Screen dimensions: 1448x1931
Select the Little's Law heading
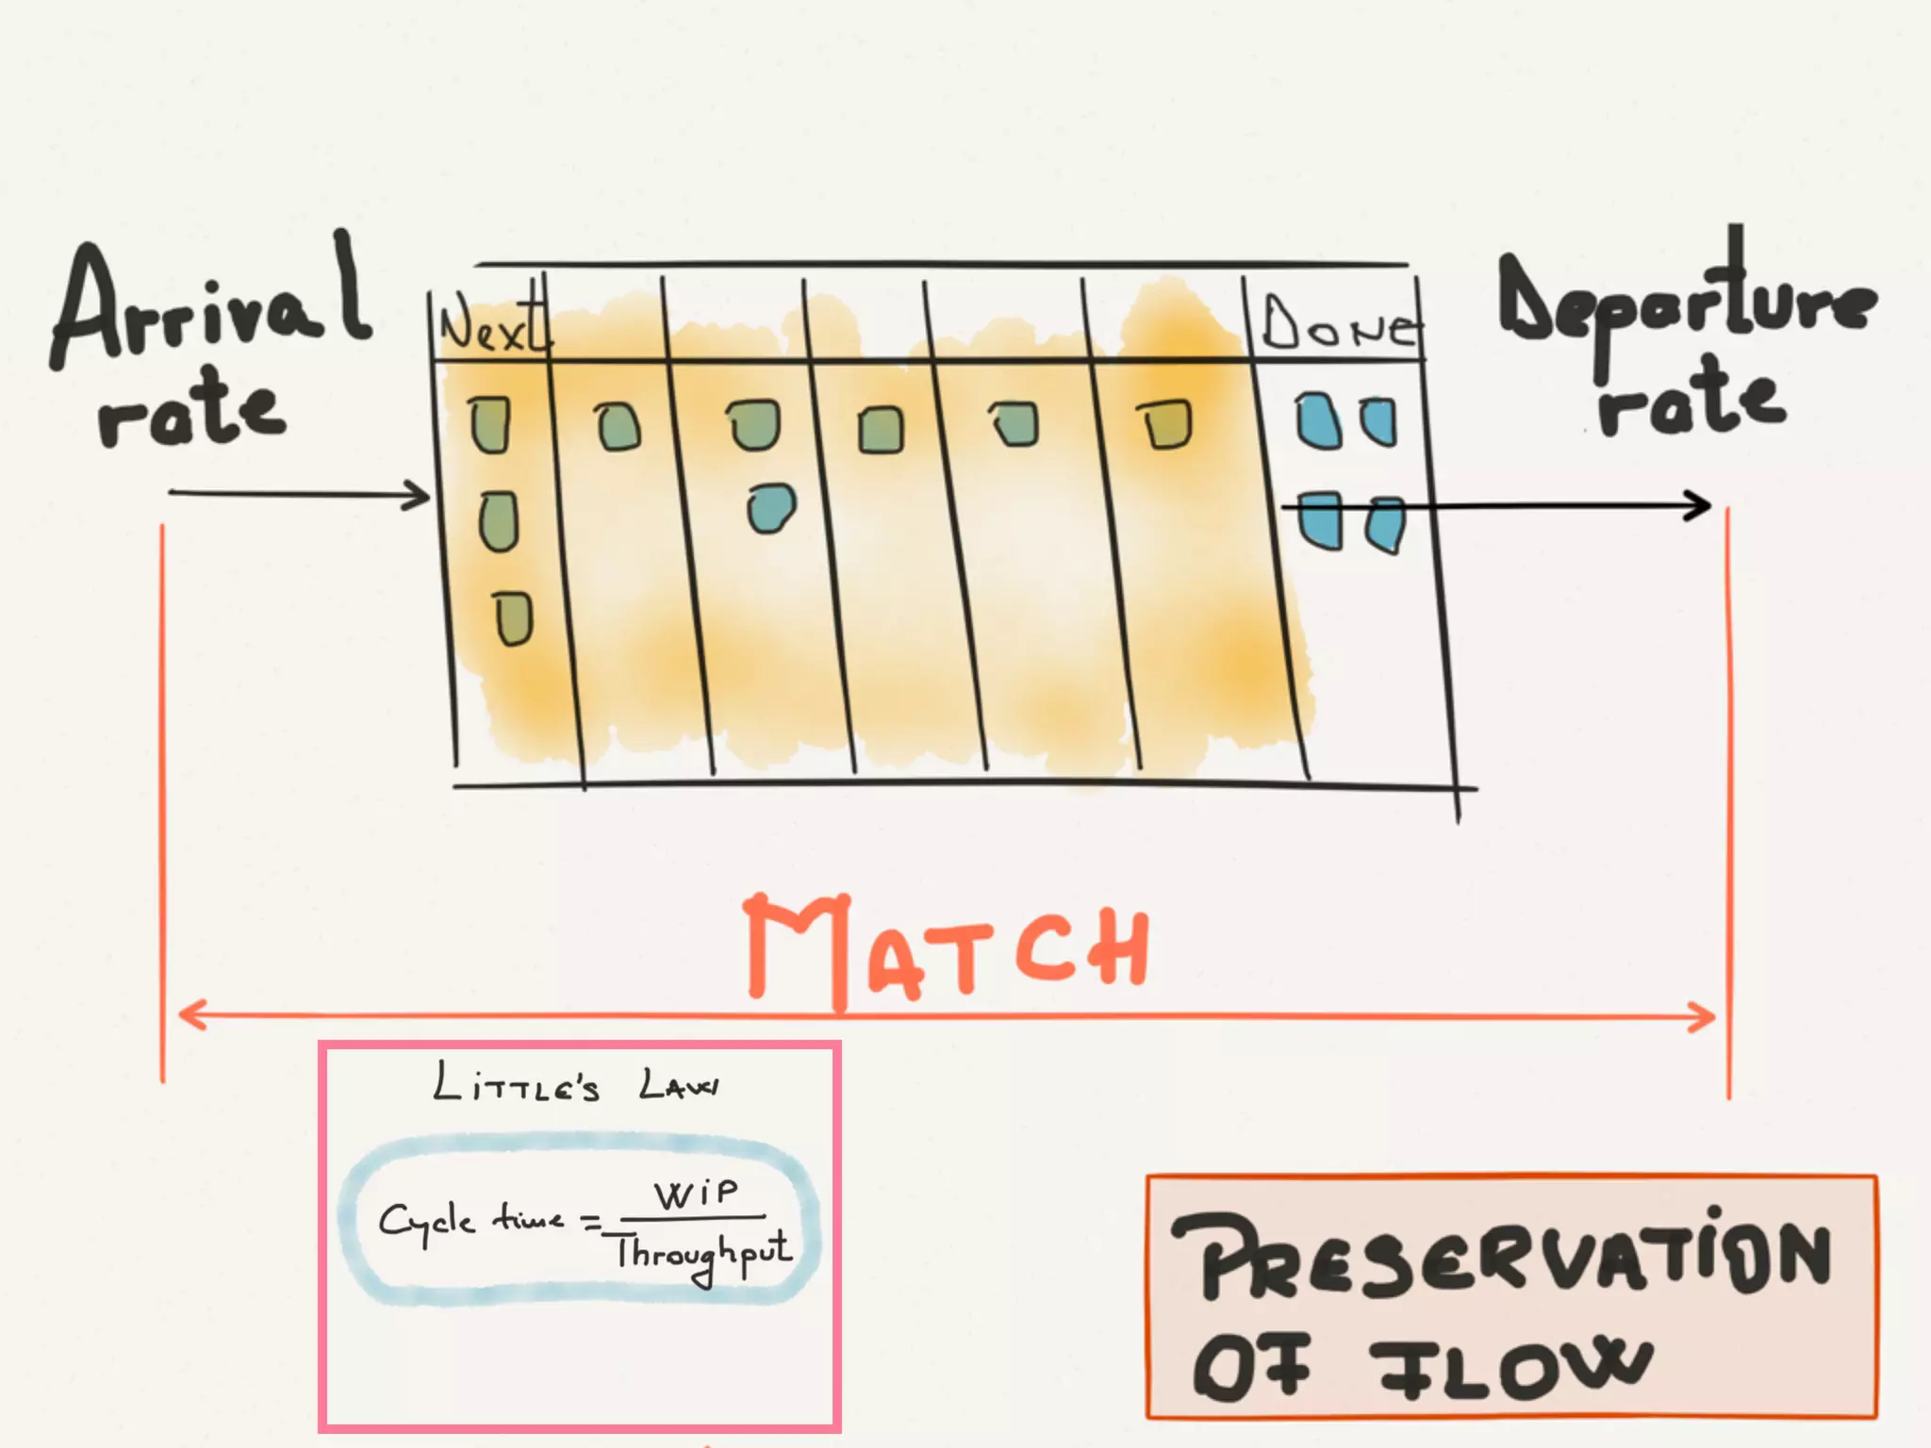pos(575,1084)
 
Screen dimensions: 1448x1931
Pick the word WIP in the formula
pos(698,1194)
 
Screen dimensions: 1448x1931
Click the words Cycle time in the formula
pos(471,1221)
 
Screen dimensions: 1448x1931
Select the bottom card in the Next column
pos(515,618)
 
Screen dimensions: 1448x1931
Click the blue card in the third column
pos(770,509)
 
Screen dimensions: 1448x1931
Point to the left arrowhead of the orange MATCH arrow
pos(189,1015)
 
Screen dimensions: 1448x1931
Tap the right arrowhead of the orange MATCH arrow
pos(1705,1018)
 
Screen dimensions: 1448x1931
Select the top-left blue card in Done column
pos(1318,421)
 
